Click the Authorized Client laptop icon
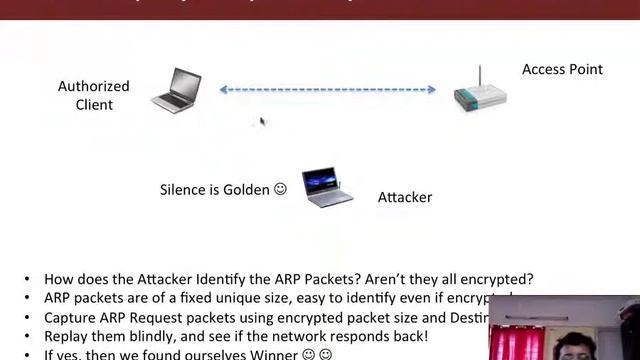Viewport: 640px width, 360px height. click(176, 89)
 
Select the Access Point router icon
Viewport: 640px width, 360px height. click(480, 93)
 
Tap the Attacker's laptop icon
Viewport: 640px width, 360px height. click(327, 187)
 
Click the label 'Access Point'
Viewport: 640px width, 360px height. click(562, 70)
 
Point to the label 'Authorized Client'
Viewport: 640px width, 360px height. click(93, 96)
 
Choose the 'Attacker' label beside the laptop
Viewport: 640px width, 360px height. click(404, 197)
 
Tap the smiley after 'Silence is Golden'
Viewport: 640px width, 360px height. click(280, 188)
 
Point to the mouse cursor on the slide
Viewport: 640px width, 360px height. click(262, 121)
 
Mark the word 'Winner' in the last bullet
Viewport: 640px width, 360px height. click(263, 354)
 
